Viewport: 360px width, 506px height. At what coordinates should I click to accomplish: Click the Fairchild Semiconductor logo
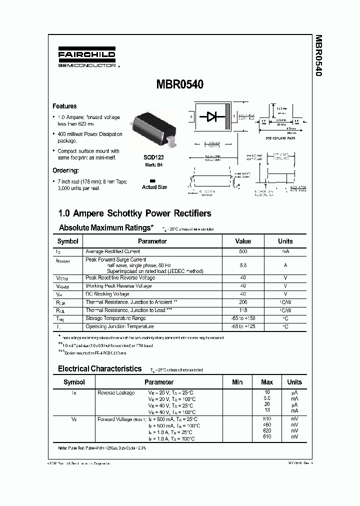click(86, 58)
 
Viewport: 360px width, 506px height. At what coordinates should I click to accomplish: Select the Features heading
click(65, 106)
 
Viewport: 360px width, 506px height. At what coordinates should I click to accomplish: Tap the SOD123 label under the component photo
click(154, 157)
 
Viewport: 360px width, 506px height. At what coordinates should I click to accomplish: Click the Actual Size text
click(154, 187)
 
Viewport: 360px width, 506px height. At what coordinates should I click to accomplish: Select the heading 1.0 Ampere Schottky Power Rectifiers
click(135, 213)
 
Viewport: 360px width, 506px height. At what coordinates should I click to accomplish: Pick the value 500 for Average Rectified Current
click(243, 251)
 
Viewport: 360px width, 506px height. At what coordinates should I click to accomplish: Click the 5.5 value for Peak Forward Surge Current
click(243, 265)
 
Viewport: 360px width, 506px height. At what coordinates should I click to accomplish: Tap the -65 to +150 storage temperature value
click(243, 318)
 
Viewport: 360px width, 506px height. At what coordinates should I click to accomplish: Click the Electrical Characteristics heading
click(100, 368)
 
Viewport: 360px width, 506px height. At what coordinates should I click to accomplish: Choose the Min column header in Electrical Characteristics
click(237, 382)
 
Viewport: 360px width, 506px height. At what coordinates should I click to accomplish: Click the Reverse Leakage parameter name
click(116, 392)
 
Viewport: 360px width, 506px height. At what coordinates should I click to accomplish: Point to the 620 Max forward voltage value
click(266, 430)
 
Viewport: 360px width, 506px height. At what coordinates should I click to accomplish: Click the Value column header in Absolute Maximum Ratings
click(243, 241)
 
